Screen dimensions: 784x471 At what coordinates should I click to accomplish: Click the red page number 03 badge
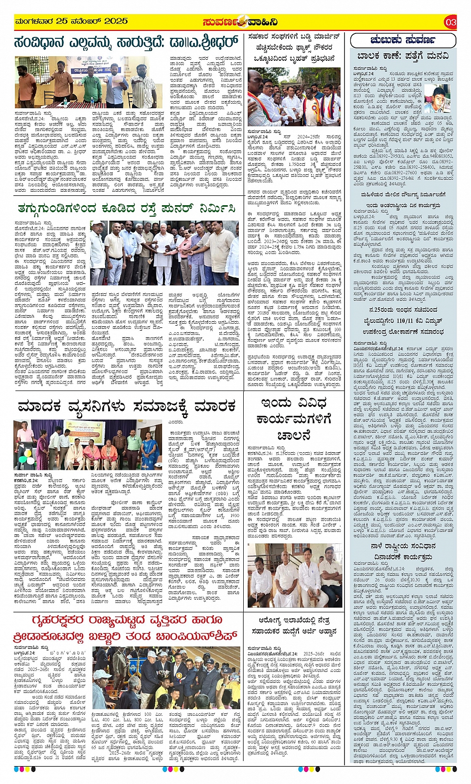click(x=450, y=22)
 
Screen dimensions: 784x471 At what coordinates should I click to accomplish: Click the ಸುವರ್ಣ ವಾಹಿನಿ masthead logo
click(x=240, y=22)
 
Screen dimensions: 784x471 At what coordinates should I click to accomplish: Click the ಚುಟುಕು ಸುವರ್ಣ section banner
click(x=403, y=40)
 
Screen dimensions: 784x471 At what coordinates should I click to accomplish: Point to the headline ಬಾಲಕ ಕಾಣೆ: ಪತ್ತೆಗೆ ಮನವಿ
click(x=403, y=56)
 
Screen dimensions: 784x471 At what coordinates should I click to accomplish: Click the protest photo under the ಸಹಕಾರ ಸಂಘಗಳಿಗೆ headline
click(x=294, y=98)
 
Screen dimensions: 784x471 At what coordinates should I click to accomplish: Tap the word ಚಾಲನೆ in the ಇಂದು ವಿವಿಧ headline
click(x=294, y=436)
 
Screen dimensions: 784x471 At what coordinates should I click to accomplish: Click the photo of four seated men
click(x=294, y=575)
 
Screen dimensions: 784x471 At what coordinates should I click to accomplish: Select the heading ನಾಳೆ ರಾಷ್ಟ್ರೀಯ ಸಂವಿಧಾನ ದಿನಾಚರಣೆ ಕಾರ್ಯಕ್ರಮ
click(x=403, y=553)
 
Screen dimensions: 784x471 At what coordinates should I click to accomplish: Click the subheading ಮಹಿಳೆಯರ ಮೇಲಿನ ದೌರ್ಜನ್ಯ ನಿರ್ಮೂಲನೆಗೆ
click(x=403, y=195)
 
